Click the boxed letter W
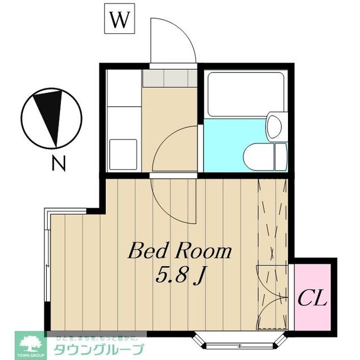[120, 21]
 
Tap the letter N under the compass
[58, 164]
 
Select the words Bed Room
[179, 251]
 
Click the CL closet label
[312, 298]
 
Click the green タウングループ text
[99, 349]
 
